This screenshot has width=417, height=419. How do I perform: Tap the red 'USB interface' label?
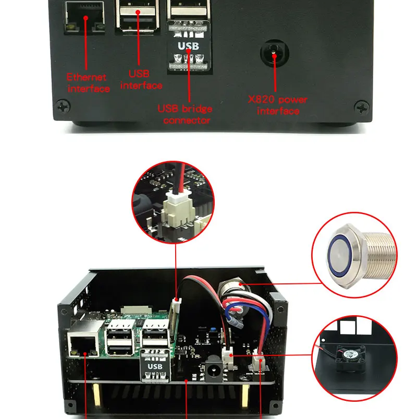pyautogui.click(x=141, y=80)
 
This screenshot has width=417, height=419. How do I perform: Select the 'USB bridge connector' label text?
pyautogui.click(x=186, y=114)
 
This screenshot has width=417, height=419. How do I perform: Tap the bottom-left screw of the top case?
pyautogui.click(x=64, y=108)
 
